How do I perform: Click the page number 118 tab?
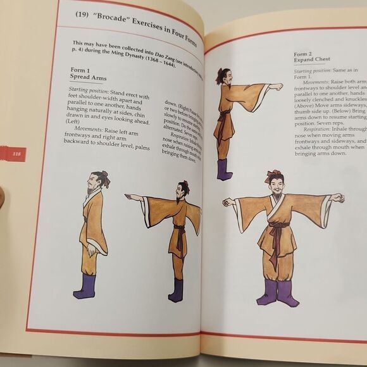pos(12,154)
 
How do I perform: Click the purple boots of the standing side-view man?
pos(85,287)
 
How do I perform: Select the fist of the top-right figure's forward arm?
pos(277,87)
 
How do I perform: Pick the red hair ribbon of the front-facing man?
pos(273,173)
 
